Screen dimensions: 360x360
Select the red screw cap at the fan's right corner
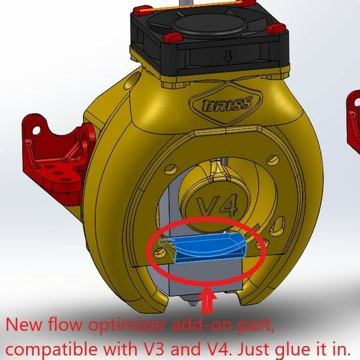[x=276, y=29]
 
